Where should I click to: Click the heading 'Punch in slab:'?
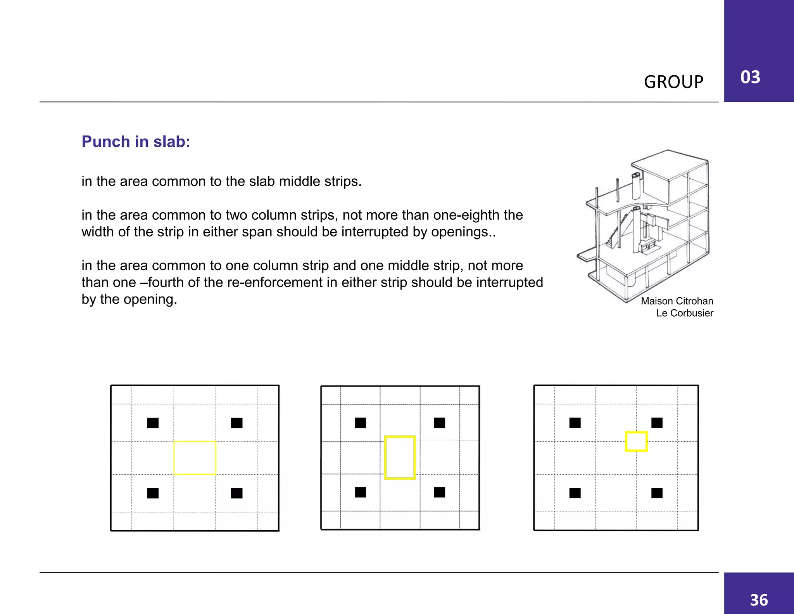(x=136, y=142)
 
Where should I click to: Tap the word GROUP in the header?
(x=673, y=82)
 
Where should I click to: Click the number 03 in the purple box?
(x=750, y=77)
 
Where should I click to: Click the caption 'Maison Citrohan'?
(x=677, y=301)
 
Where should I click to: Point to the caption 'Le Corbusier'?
(x=684, y=313)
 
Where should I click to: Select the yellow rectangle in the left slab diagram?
(x=195, y=458)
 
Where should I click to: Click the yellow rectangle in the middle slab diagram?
(x=400, y=458)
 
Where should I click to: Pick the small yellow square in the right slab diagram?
(x=636, y=442)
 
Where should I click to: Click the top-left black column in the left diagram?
(x=153, y=423)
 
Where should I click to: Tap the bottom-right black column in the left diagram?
(x=236, y=493)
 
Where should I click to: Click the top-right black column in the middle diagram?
(x=439, y=423)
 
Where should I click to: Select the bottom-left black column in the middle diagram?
(x=360, y=492)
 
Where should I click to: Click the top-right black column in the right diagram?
(x=657, y=423)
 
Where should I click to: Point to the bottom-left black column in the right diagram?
(x=575, y=493)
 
